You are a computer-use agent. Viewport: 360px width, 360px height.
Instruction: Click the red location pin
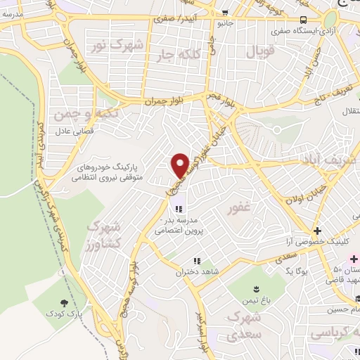point(180,165)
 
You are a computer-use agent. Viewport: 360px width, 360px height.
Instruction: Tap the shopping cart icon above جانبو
point(224,12)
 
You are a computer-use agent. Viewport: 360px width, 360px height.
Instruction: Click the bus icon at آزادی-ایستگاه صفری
point(302,20)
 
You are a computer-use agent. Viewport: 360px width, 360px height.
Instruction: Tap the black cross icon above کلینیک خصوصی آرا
point(317,231)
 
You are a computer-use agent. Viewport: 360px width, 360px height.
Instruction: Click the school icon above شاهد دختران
point(197,261)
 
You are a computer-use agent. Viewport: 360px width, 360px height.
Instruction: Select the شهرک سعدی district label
point(245,326)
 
